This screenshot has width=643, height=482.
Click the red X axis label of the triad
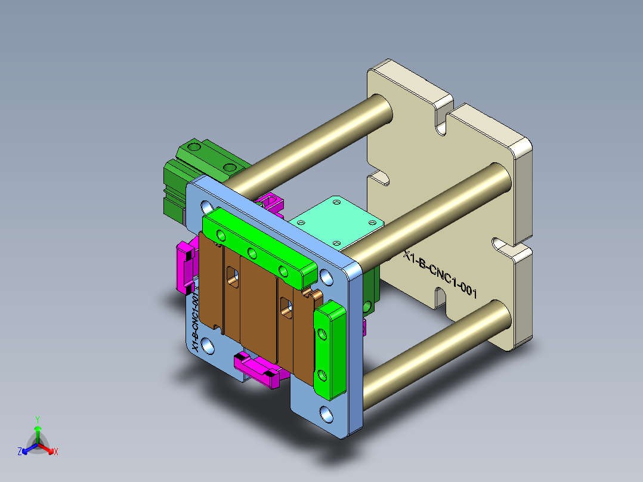click(x=56, y=452)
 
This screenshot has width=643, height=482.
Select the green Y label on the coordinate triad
click(x=37, y=419)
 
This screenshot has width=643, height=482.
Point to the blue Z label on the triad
click(x=20, y=452)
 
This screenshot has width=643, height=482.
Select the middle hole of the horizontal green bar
click(x=252, y=255)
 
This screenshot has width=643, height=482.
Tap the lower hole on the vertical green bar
click(x=323, y=375)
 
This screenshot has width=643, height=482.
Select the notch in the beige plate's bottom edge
click(x=440, y=296)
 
